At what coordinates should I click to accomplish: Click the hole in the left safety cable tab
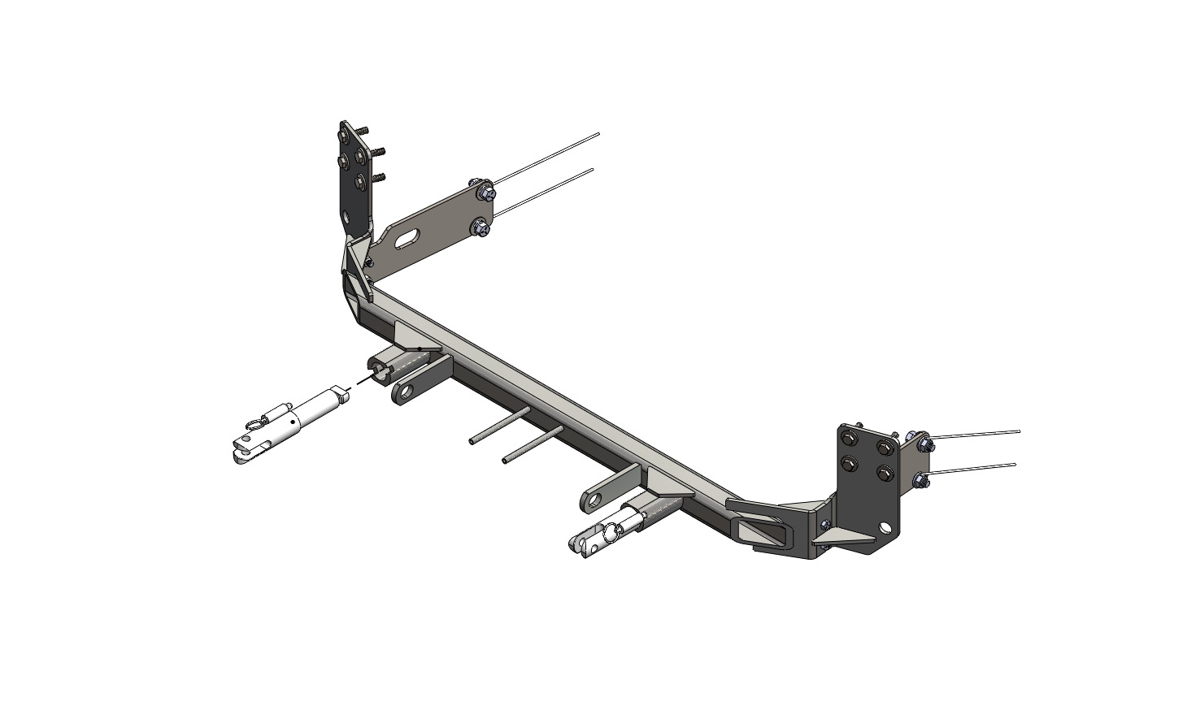pos(402,395)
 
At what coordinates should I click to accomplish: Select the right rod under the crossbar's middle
pos(531,446)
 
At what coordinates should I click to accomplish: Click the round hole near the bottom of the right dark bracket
pos(885,528)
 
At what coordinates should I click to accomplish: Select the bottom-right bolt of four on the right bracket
pos(881,474)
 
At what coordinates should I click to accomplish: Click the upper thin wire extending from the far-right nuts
pos(976,435)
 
